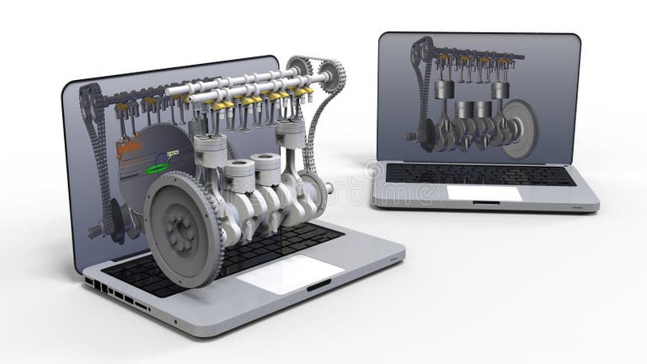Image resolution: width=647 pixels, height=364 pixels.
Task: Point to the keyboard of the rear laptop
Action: pos(480,174)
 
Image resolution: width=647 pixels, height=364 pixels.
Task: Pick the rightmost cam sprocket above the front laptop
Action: pos(331,75)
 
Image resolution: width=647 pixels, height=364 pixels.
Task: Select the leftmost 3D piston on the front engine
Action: pos(210,151)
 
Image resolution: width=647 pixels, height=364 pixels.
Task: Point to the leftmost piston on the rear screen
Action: pos(444,88)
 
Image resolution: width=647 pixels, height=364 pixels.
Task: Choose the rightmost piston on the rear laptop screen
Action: pos(500,89)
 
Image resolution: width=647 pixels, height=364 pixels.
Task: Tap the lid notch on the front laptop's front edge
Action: pos(319,287)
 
